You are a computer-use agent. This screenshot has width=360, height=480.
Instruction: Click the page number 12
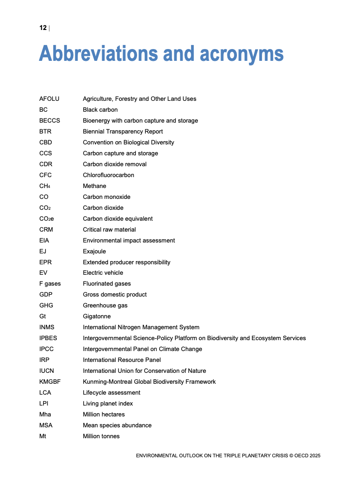point(43,28)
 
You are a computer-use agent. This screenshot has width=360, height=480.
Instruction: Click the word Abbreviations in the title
point(98,54)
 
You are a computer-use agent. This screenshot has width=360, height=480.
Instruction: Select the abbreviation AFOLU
point(49,99)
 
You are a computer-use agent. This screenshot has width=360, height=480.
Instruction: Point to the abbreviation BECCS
point(49,120)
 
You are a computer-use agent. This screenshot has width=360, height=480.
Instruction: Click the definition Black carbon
point(100,109)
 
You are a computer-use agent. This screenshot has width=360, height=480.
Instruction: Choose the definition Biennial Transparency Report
point(123,131)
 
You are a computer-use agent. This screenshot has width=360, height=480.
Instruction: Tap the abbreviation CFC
point(45,175)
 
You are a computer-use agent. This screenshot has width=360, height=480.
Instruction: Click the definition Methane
point(94,186)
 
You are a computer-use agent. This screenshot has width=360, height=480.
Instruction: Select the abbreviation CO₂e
point(47,218)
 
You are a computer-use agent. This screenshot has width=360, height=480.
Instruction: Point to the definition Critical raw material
point(109,229)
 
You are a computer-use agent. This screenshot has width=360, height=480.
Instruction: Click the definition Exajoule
point(94,251)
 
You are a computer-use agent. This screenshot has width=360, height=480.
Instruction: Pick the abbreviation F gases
point(50,283)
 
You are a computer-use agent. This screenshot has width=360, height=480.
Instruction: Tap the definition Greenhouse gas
point(105,305)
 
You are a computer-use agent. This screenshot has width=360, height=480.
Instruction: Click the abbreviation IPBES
point(48,338)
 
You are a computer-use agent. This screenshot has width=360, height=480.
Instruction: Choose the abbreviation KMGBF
point(50,381)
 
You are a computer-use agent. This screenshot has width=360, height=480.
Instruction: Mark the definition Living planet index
point(108,403)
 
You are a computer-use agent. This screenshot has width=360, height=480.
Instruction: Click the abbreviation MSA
point(46,425)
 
